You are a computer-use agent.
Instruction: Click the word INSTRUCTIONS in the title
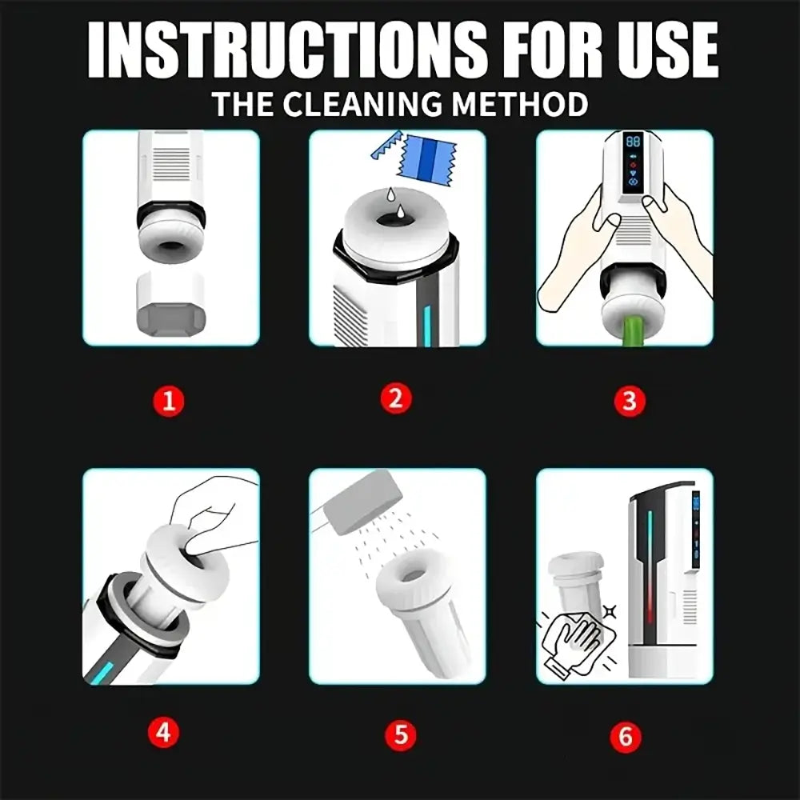288,50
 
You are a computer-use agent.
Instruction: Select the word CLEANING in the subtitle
362,103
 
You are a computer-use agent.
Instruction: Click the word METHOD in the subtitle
519,103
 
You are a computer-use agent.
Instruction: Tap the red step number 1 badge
169,401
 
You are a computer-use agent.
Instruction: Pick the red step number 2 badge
397,398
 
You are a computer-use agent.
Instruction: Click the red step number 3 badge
629,401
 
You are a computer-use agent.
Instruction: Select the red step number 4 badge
163,733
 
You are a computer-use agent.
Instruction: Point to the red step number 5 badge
401,734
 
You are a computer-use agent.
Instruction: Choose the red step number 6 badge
626,737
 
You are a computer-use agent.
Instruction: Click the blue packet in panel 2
426,158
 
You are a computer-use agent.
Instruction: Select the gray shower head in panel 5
362,502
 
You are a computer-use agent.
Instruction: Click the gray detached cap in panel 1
171,304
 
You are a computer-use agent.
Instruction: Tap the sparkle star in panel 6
610,611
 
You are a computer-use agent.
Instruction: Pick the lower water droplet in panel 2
401,210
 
